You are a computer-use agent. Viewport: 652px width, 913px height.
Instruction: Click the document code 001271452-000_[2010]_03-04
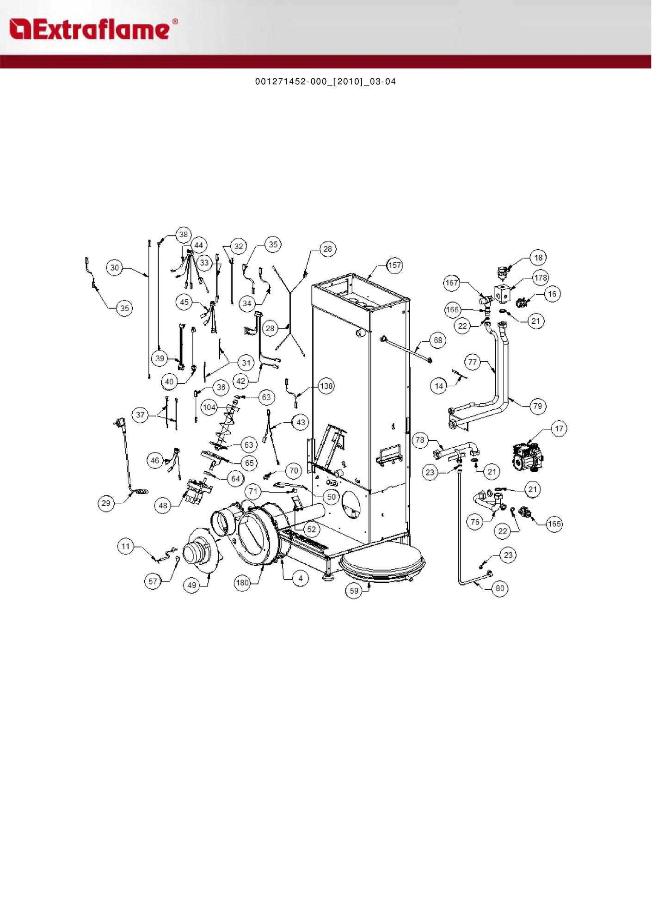[x=326, y=82]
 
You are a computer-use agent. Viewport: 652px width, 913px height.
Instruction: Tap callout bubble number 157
[x=394, y=265]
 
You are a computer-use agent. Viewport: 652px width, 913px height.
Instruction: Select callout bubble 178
[x=541, y=278]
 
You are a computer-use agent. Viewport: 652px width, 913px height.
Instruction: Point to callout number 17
[x=559, y=429]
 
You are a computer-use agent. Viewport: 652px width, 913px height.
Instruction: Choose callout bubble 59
[x=354, y=591]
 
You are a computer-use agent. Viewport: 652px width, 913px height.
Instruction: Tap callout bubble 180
[x=243, y=583]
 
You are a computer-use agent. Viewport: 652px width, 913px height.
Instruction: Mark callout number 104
[x=209, y=407]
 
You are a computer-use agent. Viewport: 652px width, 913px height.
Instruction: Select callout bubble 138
[x=326, y=386]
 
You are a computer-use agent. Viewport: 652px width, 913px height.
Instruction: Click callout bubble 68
[x=438, y=340]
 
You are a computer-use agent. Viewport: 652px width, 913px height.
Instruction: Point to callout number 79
[x=537, y=406]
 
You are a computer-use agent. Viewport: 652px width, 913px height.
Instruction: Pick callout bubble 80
[x=500, y=588]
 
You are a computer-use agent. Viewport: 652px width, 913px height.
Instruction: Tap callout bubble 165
[x=554, y=524]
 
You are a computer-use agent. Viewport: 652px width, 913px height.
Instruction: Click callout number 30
[x=115, y=267]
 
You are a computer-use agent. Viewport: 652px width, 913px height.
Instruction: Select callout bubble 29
[x=106, y=503]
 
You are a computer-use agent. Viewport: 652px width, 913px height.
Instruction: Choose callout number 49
[x=192, y=585]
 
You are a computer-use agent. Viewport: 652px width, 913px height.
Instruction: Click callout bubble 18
[x=538, y=258]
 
